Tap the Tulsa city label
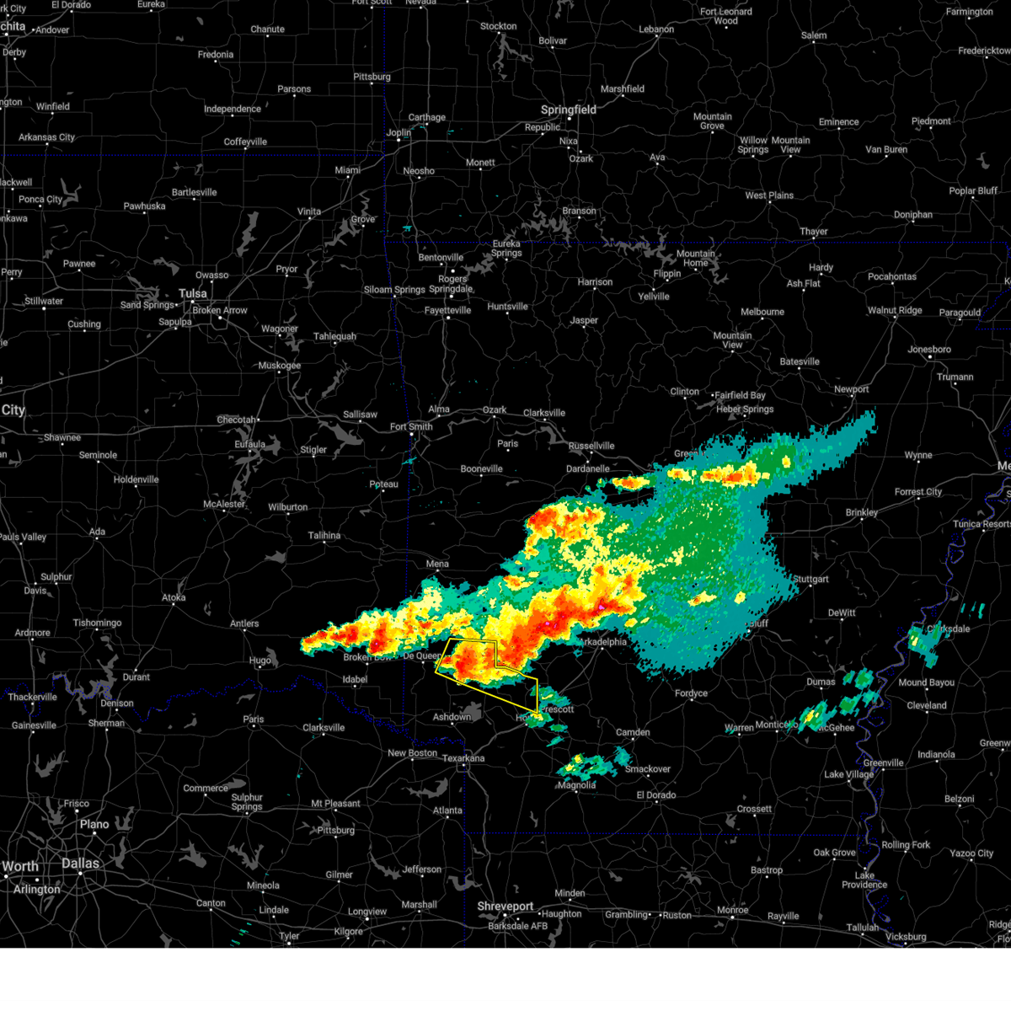coord(192,294)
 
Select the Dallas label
coord(80,864)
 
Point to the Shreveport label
coord(505,907)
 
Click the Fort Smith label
coord(411,427)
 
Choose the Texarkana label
coord(463,758)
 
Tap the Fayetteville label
coord(447,311)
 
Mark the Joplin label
coord(399,133)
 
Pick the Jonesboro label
coord(929,350)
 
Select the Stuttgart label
coord(810,580)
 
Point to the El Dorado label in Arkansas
coord(656,795)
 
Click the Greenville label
coord(883,763)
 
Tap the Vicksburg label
coord(906,937)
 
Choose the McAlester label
coord(224,505)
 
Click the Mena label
coord(437,564)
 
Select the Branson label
coord(579,211)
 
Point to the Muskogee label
coord(279,366)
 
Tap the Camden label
coord(633,733)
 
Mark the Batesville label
coord(800,362)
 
